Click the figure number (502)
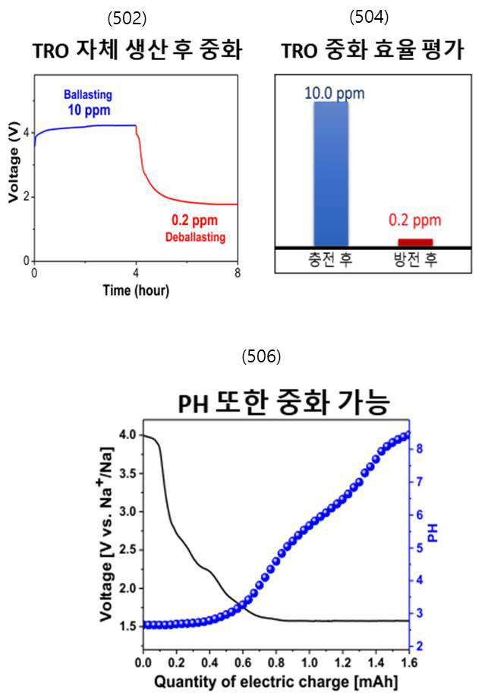127,18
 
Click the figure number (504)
369,17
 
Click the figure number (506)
261,356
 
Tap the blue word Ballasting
88,94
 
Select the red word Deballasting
195,237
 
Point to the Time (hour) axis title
137,290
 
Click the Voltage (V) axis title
14,163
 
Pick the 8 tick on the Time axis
238,273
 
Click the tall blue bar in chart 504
331,174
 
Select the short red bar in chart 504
415,242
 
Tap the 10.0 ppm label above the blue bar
335,93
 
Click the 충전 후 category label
330,259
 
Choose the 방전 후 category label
416,259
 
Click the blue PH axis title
433,533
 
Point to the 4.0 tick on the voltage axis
128,435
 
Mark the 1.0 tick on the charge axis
310,663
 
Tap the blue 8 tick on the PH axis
420,448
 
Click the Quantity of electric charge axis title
275,682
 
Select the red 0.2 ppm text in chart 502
194,220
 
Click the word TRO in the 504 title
299,51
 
